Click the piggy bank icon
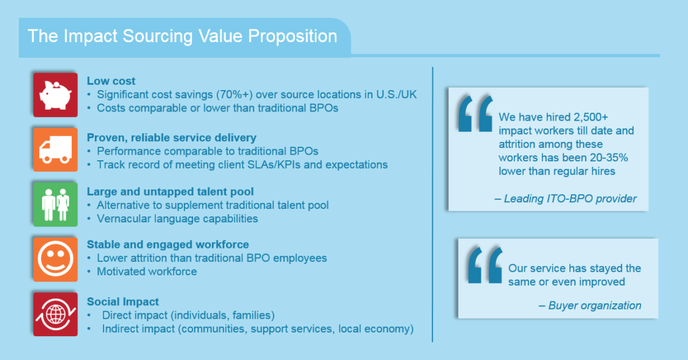(x=55, y=95)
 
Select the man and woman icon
(x=55, y=205)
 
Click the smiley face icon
(x=55, y=259)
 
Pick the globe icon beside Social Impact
(x=55, y=314)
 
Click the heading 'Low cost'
(x=111, y=81)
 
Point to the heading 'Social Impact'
(x=123, y=302)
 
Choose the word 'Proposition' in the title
(x=293, y=36)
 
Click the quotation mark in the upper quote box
(x=475, y=114)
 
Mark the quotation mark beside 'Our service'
(x=485, y=265)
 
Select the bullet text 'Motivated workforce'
(x=147, y=271)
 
